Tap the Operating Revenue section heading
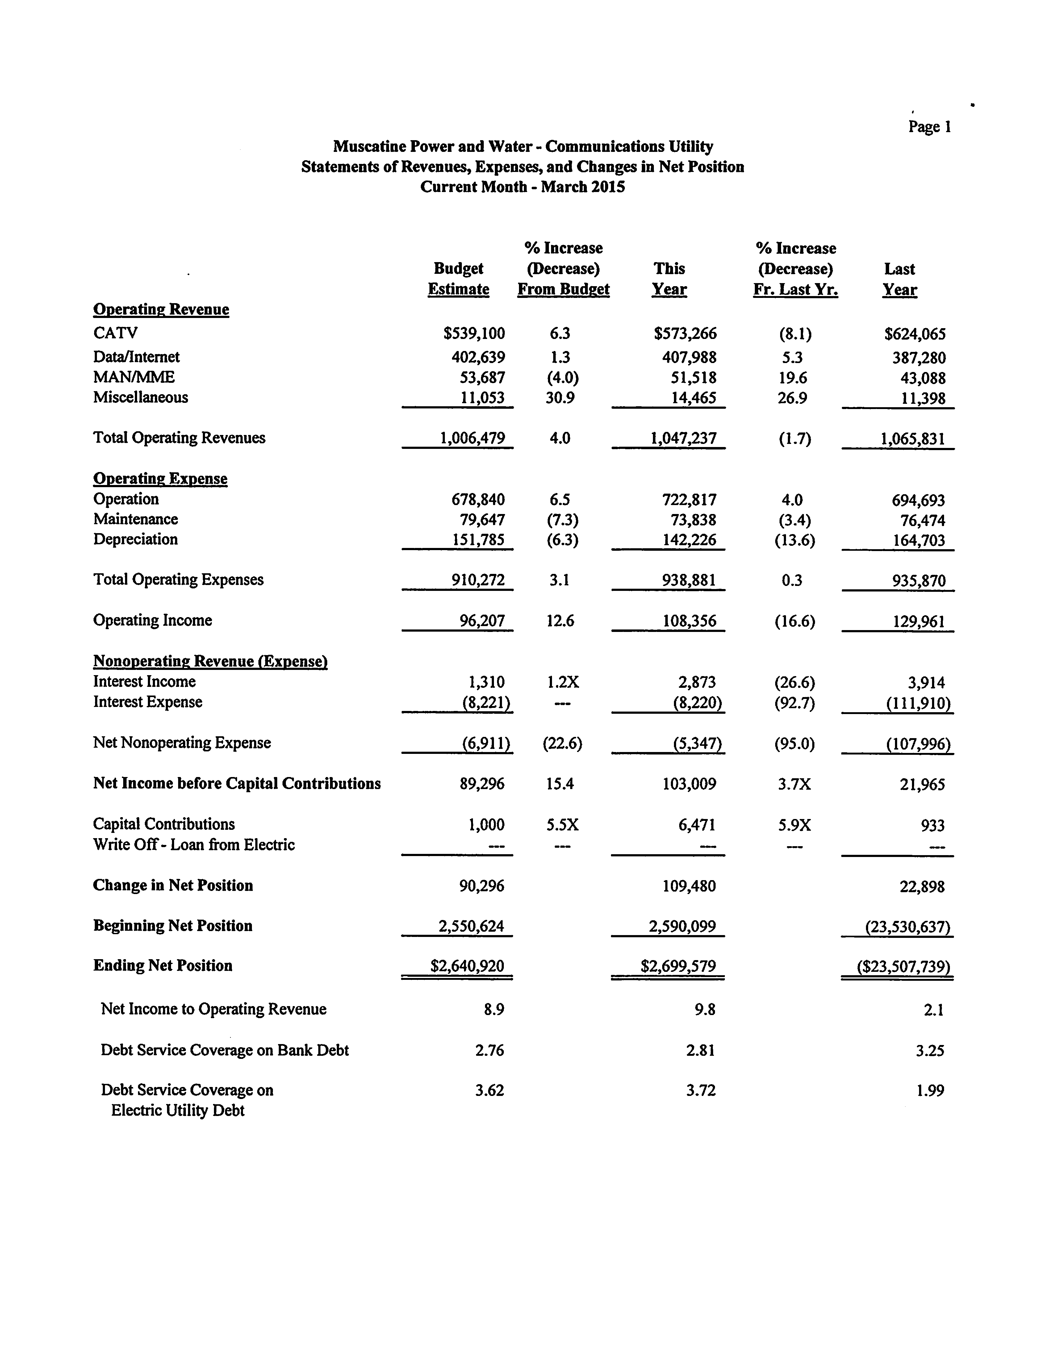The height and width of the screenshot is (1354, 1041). [x=161, y=310]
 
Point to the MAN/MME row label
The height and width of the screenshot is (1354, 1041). [x=134, y=377]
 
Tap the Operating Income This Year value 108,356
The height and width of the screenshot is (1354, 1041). [x=689, y=621]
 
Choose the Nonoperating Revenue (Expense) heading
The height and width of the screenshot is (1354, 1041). [x=210, y=662]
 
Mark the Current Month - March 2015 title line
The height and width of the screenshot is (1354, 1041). [x=522, y=187]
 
